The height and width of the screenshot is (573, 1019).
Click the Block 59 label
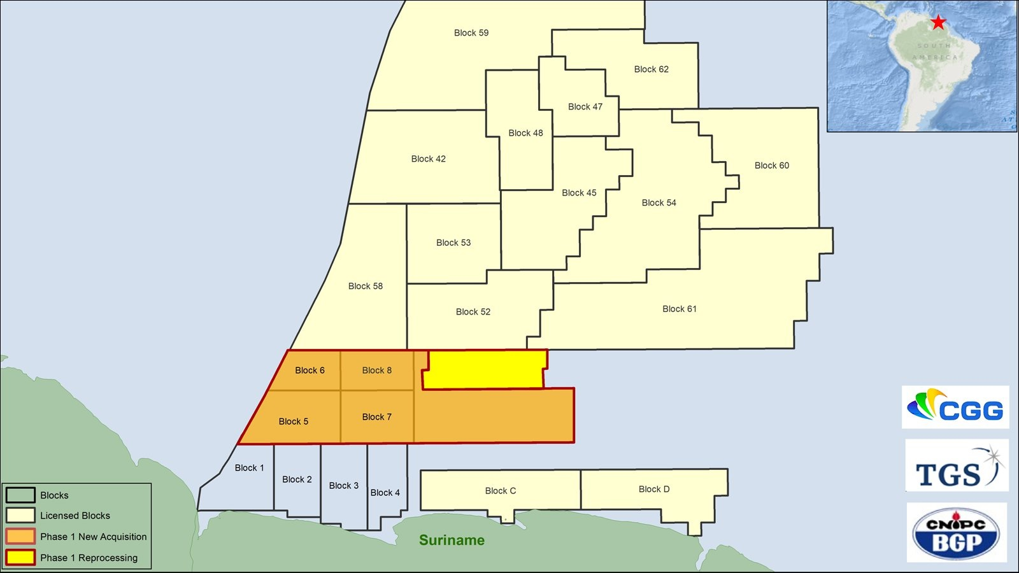click(x=471, y=33)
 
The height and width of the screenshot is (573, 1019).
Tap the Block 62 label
click(x=651, y=69)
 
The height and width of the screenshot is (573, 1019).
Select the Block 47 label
click(x=585, y=107)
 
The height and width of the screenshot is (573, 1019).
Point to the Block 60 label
click(x=771, y=166)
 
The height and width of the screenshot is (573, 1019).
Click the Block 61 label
click(x=679, y=309)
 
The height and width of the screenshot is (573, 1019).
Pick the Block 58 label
click(x=365, y=286)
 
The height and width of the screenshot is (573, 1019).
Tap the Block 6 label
click(x=310, y=371)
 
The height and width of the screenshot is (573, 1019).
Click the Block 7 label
click(x=376, y=417)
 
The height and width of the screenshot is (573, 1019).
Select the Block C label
click(x=500, y=491)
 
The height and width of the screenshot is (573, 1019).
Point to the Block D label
click(x=653, y=490)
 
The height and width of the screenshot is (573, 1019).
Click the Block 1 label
click(x=249, y=468)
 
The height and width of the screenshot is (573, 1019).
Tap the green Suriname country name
click(x=452, y=541)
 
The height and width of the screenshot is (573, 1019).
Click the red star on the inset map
click(x=938, y=23)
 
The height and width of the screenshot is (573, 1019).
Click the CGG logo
click(x=955, y=407)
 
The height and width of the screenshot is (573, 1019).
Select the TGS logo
click(x=957, y=466)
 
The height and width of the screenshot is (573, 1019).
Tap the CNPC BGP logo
click(x=957, y=533)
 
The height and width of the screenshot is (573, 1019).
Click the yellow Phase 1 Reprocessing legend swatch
click(x=20, y=557)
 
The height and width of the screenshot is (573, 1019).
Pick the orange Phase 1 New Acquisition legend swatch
click(x=20, y=536)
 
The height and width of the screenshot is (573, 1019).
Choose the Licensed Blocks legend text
click(x=75, y=516)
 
